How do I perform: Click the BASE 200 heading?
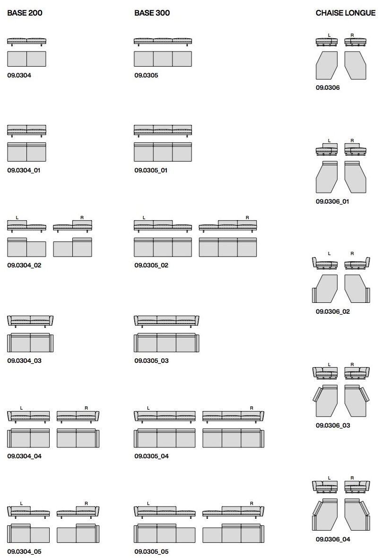[x=25, y=13]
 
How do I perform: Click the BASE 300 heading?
[x=152, y=13]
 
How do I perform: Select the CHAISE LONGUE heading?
[x=346, y=13]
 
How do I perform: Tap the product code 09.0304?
[x=19, y=76]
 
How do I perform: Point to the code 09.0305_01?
[x=151, y=171]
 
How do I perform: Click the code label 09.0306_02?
[x=333, y=312]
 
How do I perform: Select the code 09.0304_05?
[x=24, y=551]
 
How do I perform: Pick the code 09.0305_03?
[x=151, y=361]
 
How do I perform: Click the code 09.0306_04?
[x=333, y=540]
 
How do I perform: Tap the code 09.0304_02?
[x=24, y=266]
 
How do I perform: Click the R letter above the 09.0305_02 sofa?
[x=248, y=217]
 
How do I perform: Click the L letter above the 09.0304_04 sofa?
[x=21, y=408]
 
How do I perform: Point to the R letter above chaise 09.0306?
[x=352, y=35]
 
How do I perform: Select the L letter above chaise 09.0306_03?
[x=329, y=364]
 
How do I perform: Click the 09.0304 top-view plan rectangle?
[x=26, y=59]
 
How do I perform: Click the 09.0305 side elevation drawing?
[x=163, y=42]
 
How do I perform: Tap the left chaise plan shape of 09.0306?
[x=327, y=66]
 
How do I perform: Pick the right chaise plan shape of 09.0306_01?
[x=355, y=177]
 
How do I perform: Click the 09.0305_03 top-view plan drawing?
[x=167, y=343]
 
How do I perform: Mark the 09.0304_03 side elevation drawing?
[x=30, y=321]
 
